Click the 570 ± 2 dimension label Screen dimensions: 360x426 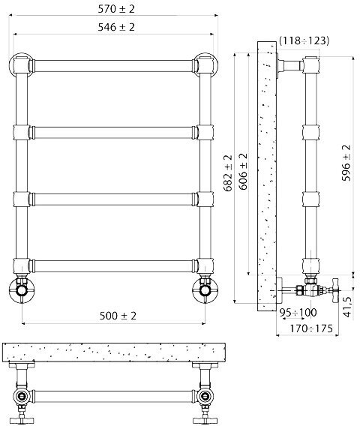[x=116, y=9]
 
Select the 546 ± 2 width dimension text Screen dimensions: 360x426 [x=116, y=27]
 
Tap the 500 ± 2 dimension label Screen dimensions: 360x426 [x=118, y=316]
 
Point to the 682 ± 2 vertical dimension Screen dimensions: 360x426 [x=228, y=173]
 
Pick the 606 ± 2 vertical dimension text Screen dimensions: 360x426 [x=243, y=172]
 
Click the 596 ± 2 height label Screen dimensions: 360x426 [x=346, y=163]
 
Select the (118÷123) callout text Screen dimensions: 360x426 [x=304, y=40]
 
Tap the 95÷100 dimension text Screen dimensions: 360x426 [x=298, y=313]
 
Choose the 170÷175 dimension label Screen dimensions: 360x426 [x=311, y=328]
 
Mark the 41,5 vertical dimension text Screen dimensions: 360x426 [x=347, y=307]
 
